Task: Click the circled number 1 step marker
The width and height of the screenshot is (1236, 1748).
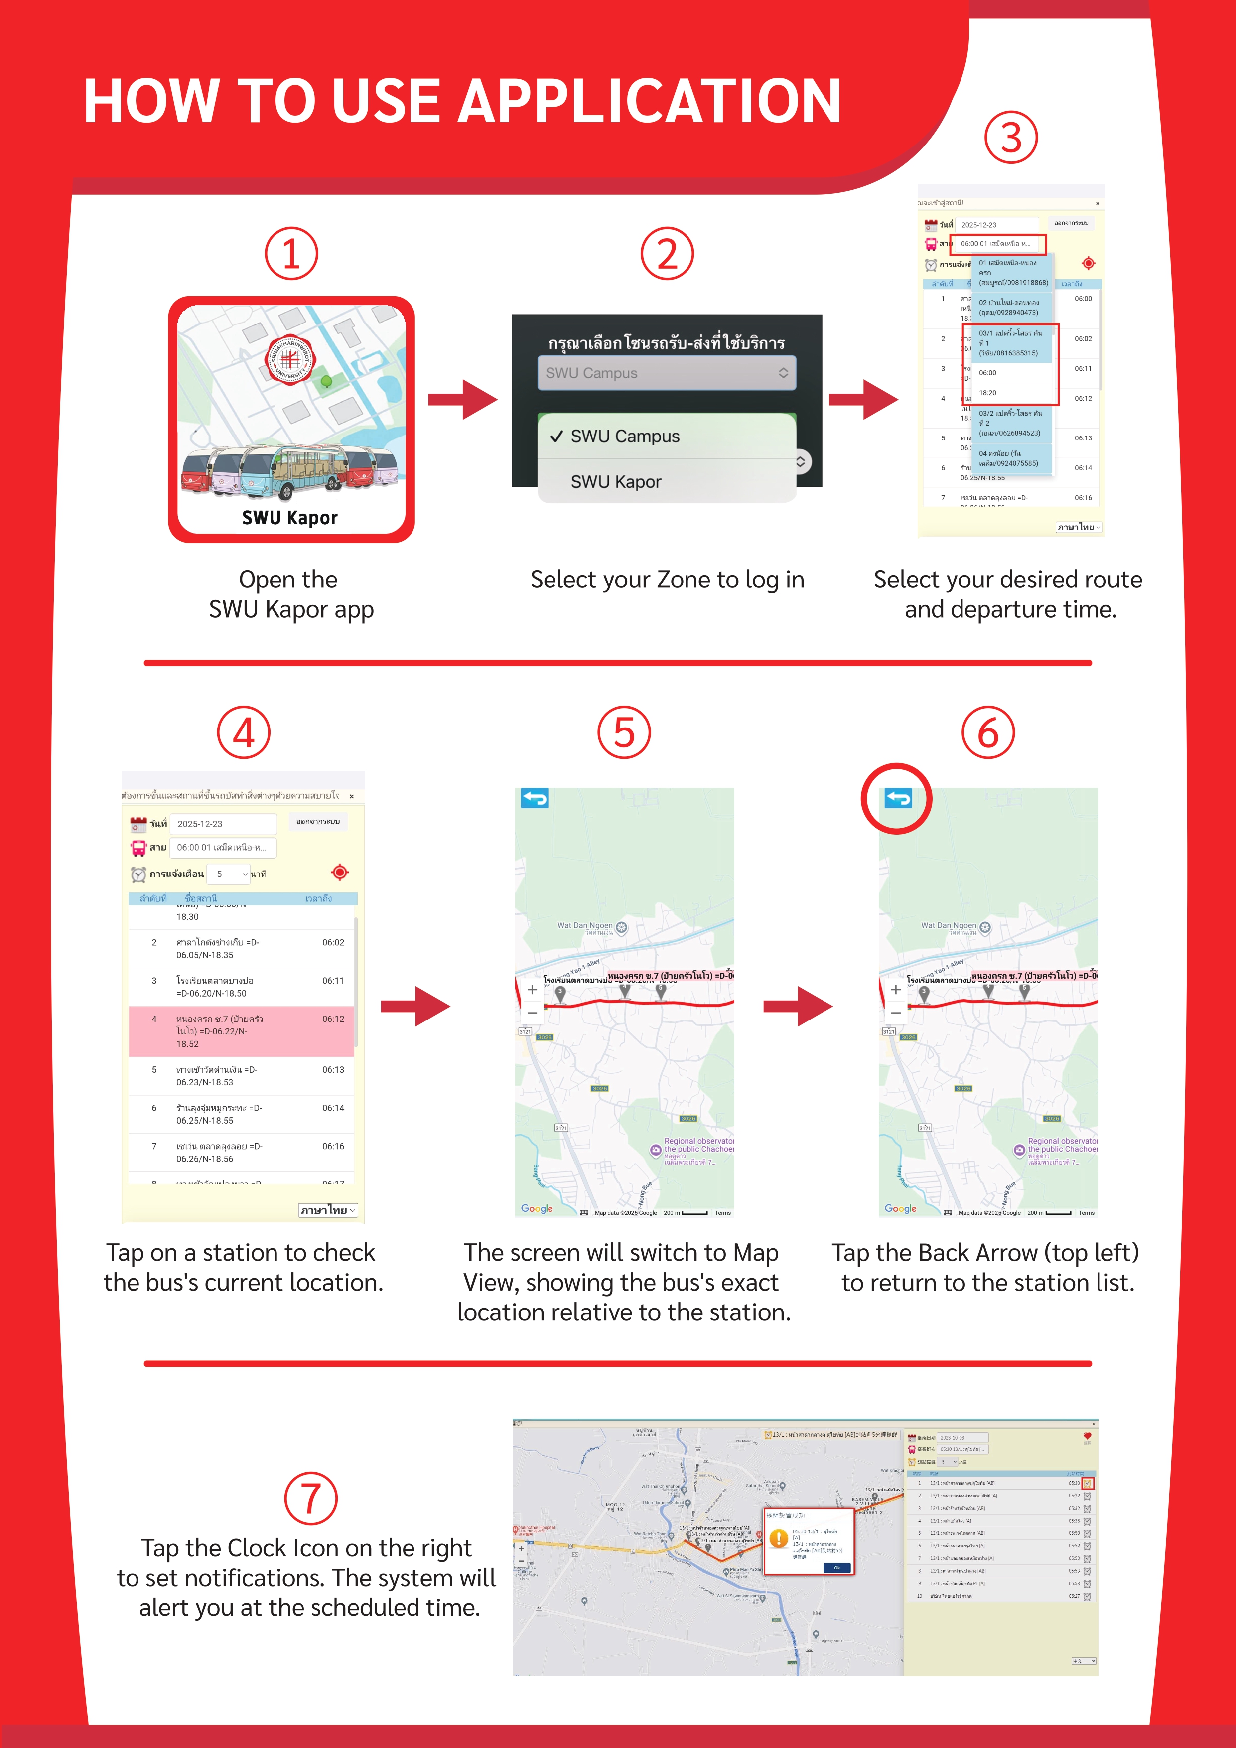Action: (x=291, y=254)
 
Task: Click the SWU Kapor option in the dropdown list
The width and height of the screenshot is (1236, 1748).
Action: (x=616, y=482)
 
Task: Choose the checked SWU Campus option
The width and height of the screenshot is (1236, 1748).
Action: (x=624, y=436)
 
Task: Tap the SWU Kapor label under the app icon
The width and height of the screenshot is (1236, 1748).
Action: (x=290, y=518)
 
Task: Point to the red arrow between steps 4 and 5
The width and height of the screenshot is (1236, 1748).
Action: (x=415, y=1007)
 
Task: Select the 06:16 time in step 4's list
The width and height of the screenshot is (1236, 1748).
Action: (x=333, y=1146)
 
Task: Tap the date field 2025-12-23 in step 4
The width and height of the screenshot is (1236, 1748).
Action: (x=222, y=824)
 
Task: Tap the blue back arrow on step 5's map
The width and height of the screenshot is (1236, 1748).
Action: (x=534, y=798)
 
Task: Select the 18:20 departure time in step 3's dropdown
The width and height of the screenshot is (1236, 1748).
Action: (x=988, y=393)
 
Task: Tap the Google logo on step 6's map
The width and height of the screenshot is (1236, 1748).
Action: (x=900, y=1208)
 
